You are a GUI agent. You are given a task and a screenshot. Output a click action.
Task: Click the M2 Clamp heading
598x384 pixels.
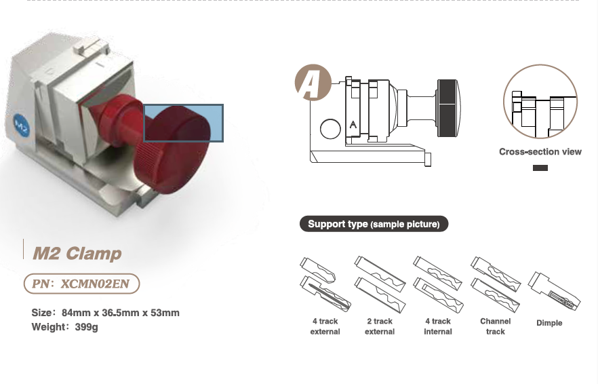click(77, 254)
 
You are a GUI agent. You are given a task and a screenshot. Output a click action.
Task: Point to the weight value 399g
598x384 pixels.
click(86, 327)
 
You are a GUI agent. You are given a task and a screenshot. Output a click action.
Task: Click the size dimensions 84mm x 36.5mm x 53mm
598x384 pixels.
click(120, 313)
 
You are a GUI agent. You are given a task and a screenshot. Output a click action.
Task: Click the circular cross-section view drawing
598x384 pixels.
click(540, 102)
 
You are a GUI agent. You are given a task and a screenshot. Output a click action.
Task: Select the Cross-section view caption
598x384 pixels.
click(540, 152)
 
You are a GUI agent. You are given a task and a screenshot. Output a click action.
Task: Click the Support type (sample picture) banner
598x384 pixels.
click(374, 224)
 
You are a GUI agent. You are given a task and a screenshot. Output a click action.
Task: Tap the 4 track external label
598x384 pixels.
click(325, 326)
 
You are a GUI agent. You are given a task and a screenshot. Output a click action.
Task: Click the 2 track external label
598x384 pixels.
click(380, 326)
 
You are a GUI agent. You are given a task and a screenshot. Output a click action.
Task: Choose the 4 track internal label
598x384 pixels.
click(437, 326)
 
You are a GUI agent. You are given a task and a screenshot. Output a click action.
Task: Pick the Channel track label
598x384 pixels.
click(495, 326)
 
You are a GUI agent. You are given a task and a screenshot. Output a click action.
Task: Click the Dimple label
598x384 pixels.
click(549, 323)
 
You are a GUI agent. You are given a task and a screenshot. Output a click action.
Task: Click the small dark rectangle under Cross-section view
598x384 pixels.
click(540, 168)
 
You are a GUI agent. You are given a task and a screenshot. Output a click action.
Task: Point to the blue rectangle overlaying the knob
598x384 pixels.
click(183, 123)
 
